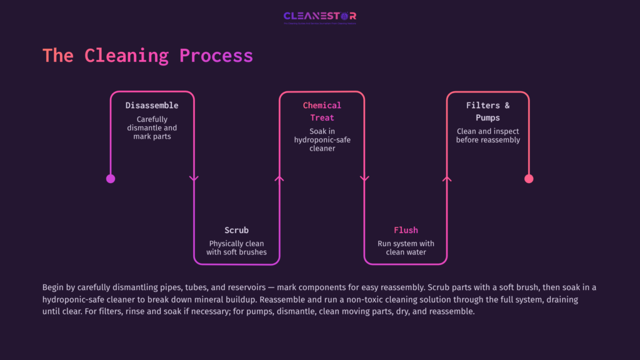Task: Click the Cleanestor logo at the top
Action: coord(319,17)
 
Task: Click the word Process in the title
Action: coord(216,56)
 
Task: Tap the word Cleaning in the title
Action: coord(127,56)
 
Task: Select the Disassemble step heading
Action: coord(152,106)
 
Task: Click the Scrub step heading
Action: coord(236,230)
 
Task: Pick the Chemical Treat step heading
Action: coord(322,111)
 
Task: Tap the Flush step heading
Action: coord(406,230)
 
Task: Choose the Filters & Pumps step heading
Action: coord(487,111)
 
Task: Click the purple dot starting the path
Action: coord(111,179)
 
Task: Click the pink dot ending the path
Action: coord(529,179)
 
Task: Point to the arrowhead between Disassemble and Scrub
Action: coord(194,179)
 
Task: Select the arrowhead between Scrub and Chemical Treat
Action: coord(279,179)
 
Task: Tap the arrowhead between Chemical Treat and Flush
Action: coord(364,179)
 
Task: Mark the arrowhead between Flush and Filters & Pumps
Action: coord(446,179)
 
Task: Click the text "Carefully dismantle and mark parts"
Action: coord(152,127)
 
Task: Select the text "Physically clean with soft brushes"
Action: coord(236,247)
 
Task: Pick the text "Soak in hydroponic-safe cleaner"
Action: coord(322,140)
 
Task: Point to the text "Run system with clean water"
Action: coord(406,247)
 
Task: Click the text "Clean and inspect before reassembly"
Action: coord(487,136)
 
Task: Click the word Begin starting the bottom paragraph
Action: coord(54,287)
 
